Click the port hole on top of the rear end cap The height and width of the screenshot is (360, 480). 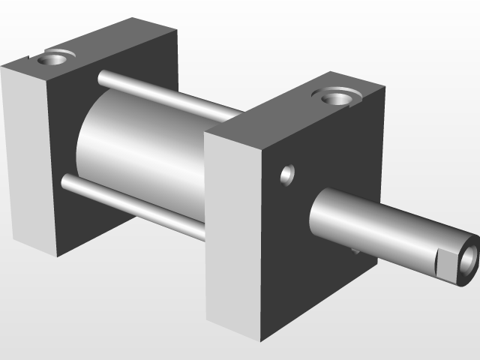(57, 57)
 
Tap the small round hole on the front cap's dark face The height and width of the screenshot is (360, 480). (287, 175)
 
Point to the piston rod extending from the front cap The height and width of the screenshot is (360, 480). (375, 225)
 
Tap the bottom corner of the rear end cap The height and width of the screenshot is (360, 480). (57, 256)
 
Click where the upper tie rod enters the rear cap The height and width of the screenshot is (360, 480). (102, 76)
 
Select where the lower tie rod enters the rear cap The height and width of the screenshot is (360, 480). (65, 181)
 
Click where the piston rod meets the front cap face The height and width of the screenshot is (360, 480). (315, 215)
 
